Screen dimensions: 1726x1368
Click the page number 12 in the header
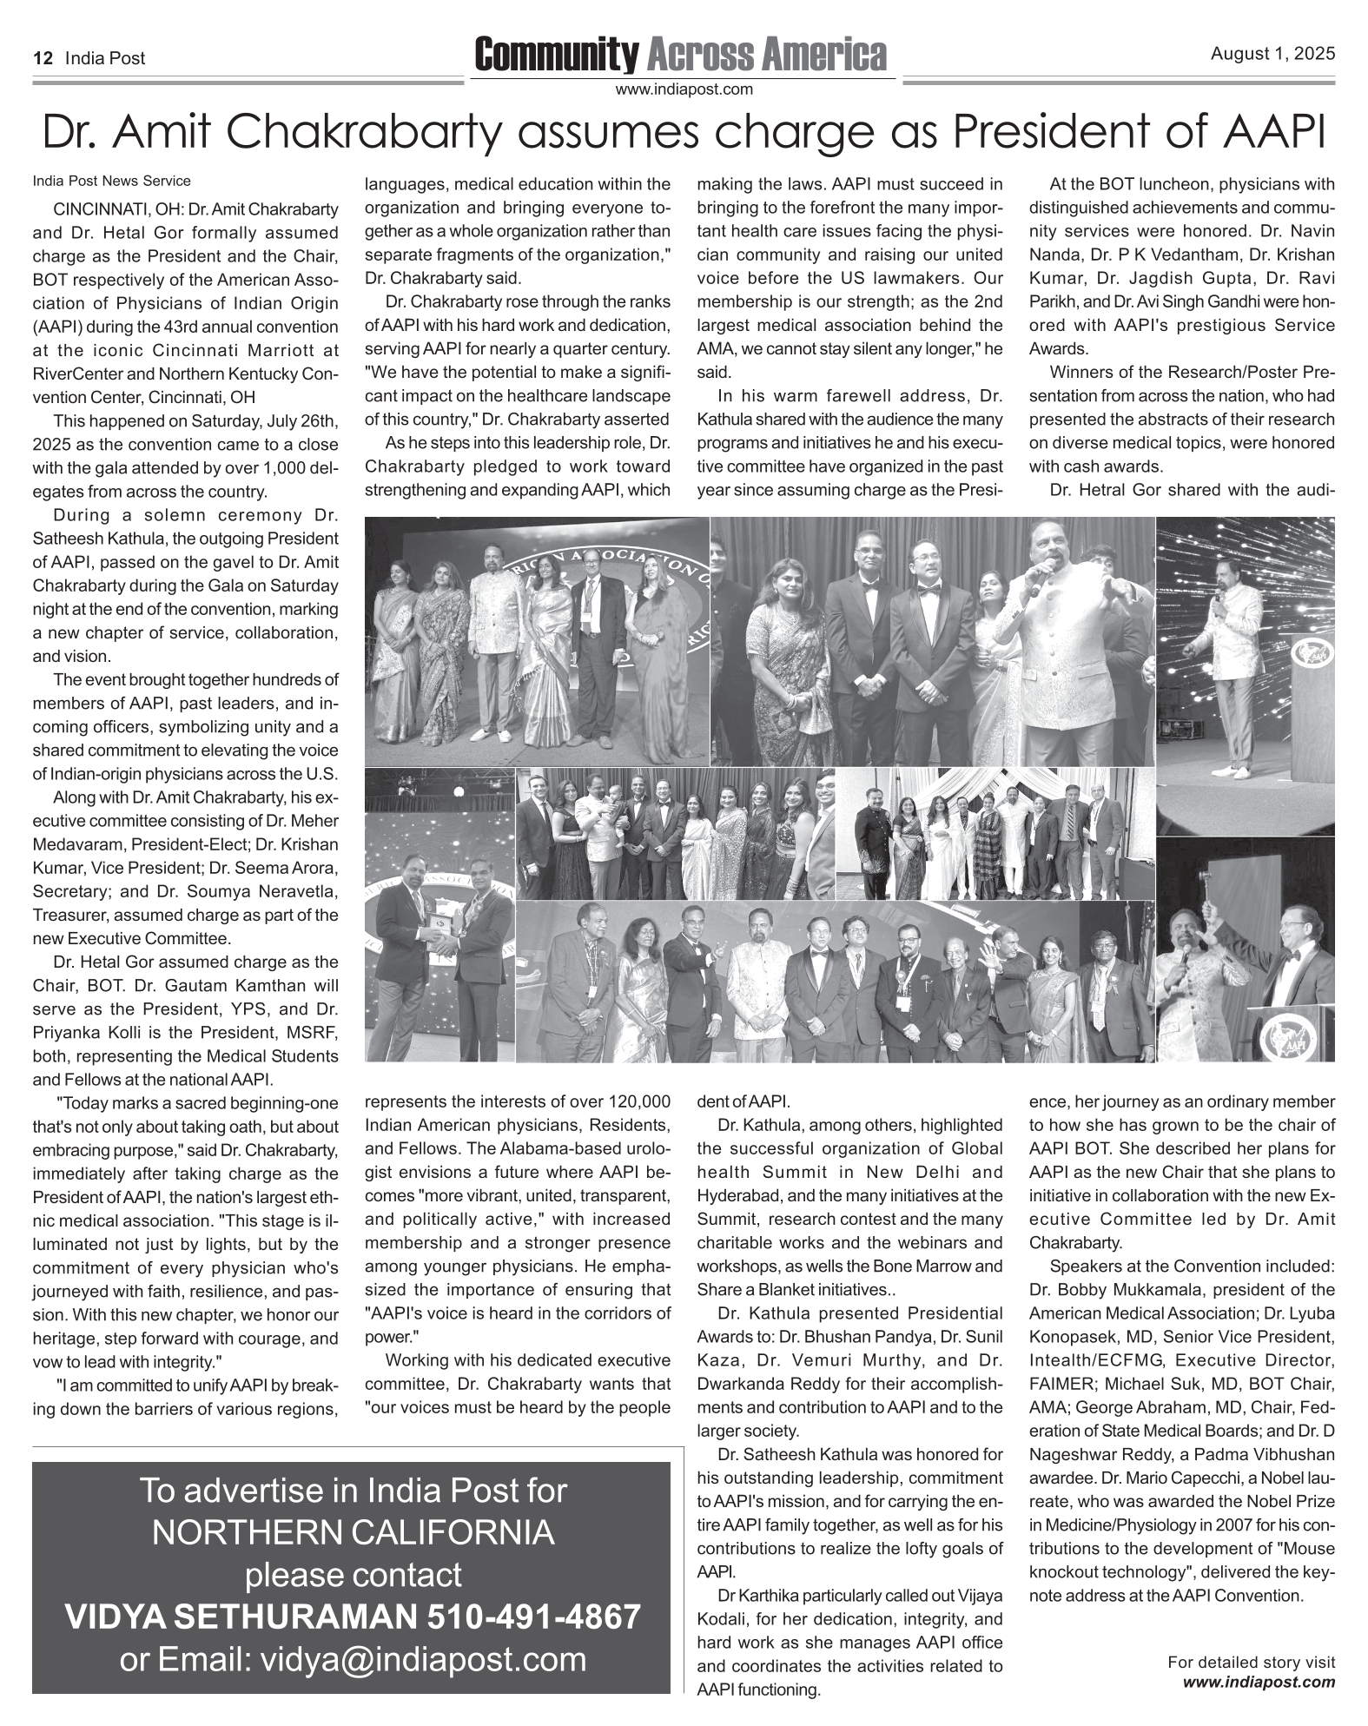40,59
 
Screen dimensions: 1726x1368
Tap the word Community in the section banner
555,55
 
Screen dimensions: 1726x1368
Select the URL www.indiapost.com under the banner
683,89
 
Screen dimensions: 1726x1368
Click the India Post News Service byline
111,182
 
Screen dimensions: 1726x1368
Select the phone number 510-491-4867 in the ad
534,1617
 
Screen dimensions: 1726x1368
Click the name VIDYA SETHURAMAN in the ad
241,1617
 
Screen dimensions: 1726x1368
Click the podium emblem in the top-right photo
1311,653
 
